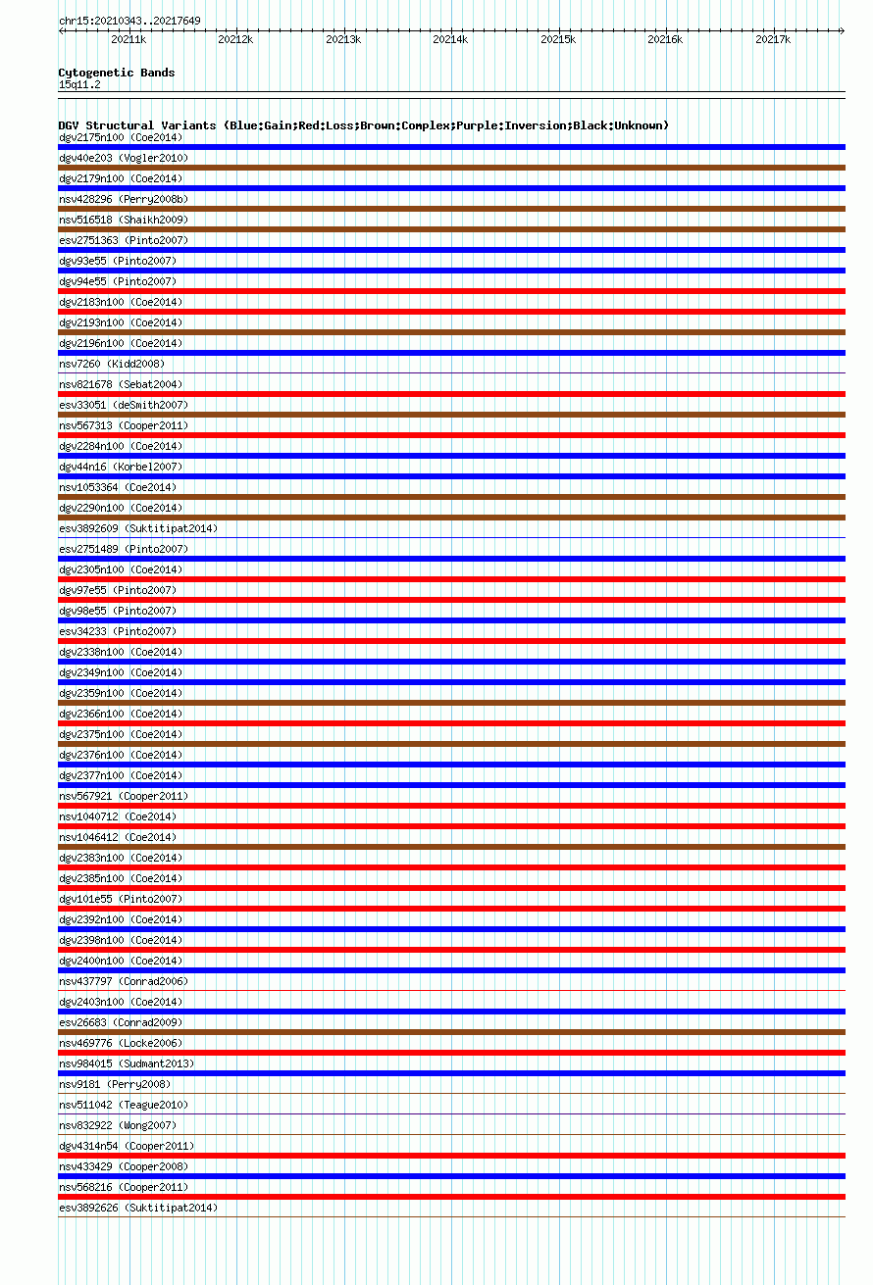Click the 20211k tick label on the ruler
tap(128, 39)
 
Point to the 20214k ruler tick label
tap(450, 39)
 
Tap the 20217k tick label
tap(773, 39)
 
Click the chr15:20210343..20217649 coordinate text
tap(129, 21)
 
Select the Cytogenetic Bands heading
tap(116, 73)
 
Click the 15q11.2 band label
tap(79, 84)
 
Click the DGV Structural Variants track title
tap(363, 125)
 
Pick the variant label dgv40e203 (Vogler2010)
tap(124, 158)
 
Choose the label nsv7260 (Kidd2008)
tap(112, 364)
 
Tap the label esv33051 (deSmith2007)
tap(124, 405)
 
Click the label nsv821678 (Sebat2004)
tap(121, 384)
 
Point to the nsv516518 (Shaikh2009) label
tap(124, 220)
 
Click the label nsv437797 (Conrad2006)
tap(124, 981)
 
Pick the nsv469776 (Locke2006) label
tap(121, 1043)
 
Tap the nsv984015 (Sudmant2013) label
tap(127, 1063)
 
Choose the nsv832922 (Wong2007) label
tap(118, 1125)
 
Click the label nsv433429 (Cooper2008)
tap(124, 1166)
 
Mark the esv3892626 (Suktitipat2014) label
tap(138, 1208)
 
